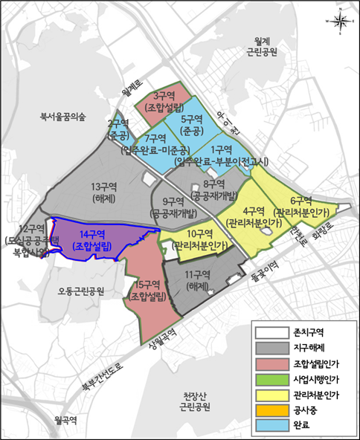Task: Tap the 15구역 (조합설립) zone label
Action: [149, 291]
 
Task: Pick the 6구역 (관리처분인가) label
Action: [301, 206]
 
